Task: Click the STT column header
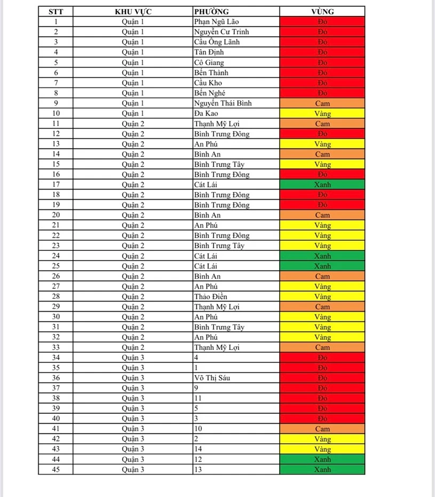pyautogui.click(x=56, y=11)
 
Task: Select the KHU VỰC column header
pyautogui.click(x=133, y=11)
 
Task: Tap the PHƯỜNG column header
pyautogui.click(x=212, y=11)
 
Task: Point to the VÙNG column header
pyautogui.click(x=322, y=11)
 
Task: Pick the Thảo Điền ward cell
pyautogui.click(x=210, y=297)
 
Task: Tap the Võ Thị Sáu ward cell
pyautogui.click(x=212, y=378)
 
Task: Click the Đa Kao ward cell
pyautogui.click(x=206, y=113)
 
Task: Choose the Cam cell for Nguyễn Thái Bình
pyautogui.click(x=322, y=103)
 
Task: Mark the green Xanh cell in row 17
pyautogui.click(x=322, y=185)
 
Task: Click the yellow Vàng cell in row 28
pyautogui.click(x=322, y=297)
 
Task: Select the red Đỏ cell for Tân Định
pyautogui.click(x=322, y=52)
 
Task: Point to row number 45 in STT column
pyautogui.click(x=56, y=470)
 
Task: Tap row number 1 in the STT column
pyautogui.click(x=56, y=22)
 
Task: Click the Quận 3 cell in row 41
pyautogui.click(x=133, y=429)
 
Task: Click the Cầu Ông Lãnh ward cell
pyautogui.click(x=217, y=42)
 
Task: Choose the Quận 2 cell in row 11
pyautogui.click(x=133, y=124)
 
